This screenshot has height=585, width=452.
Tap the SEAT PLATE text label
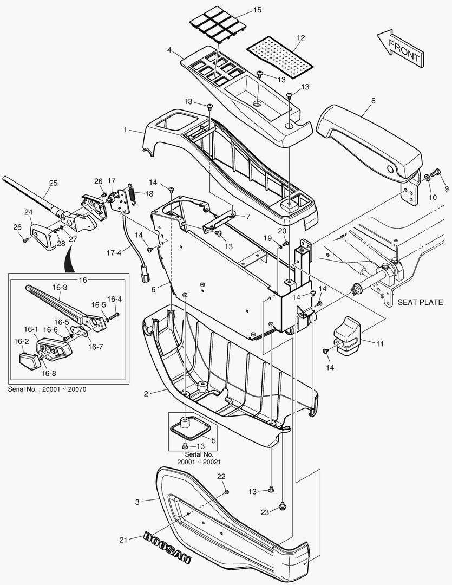pos(420,302)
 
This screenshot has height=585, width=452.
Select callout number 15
pos(257,10)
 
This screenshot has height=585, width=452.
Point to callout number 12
pos(300,37)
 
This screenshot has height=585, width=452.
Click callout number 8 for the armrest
pos(373,101)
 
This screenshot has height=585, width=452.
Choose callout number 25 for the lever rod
pos(53,183)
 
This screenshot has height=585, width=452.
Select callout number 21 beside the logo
pos(123,539)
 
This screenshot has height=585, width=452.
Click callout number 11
pos(379,343)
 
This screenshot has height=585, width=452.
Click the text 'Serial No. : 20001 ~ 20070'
pos(47,389)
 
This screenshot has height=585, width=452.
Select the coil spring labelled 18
pos(130,193)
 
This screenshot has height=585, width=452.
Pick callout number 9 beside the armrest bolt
pos(447,188)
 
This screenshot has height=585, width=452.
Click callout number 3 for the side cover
pos(137,502)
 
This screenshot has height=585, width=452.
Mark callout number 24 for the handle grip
pos(28,212)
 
